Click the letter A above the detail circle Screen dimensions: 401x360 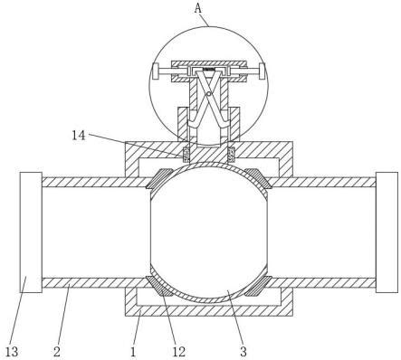tap(197, 8)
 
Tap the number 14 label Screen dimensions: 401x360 tap(79, 136)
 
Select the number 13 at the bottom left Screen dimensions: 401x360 tap(12, 352)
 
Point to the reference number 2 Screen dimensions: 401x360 tap(57, 352)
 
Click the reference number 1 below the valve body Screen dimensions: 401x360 tap(133, 352)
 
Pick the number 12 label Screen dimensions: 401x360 tap(179, 352)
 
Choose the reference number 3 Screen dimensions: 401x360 tap(243, 352)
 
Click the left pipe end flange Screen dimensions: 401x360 tap(31, 232)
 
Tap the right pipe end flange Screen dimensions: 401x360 tap(387, 232)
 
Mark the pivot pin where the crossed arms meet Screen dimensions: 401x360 tap(208, 94)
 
